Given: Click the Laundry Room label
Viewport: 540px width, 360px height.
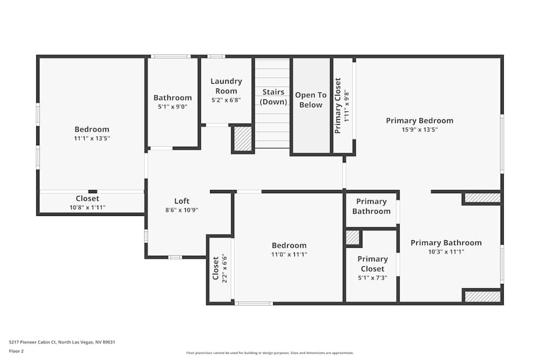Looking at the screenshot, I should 226,86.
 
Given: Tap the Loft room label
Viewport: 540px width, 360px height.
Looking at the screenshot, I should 181,201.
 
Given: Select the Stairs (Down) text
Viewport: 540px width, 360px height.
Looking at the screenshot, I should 273,97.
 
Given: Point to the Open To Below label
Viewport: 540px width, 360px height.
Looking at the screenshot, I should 310,100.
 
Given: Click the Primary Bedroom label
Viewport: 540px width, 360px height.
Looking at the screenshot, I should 420,120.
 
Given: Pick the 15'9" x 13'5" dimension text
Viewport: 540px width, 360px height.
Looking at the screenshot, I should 420,130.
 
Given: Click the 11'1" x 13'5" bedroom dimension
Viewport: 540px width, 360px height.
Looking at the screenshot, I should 92,139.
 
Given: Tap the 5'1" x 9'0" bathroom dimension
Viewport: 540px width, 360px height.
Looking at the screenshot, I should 172,107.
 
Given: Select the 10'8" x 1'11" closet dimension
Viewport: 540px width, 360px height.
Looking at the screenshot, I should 87,207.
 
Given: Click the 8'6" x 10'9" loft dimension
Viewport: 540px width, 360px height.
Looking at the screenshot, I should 181,210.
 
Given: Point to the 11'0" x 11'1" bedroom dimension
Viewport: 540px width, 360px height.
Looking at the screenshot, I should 289,255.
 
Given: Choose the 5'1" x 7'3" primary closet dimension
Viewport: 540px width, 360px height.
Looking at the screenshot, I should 372,279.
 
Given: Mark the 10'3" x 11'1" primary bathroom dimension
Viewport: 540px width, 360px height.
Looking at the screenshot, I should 446,252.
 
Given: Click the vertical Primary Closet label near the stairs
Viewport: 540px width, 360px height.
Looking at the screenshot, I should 338,106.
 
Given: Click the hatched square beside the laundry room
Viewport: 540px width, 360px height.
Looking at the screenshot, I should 243,139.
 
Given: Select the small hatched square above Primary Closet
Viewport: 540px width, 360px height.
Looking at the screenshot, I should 352,237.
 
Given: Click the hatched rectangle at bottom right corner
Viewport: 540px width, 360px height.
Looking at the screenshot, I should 482,296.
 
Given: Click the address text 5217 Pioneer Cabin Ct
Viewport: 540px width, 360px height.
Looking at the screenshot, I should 62,342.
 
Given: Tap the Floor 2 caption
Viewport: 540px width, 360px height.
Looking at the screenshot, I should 16,351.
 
